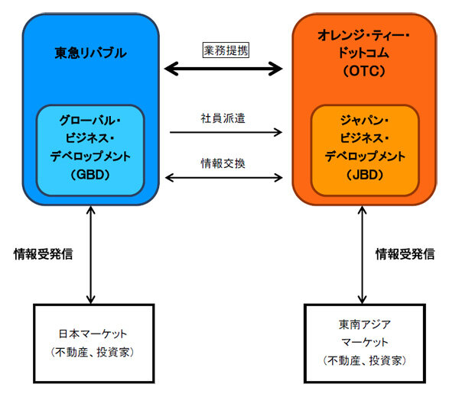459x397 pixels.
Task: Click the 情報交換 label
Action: pos(225,163)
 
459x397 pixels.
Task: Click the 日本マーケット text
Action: pos(91,334)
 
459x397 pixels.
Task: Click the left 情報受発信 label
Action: pos(44,254)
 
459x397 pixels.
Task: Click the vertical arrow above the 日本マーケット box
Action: pos(92,256)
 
